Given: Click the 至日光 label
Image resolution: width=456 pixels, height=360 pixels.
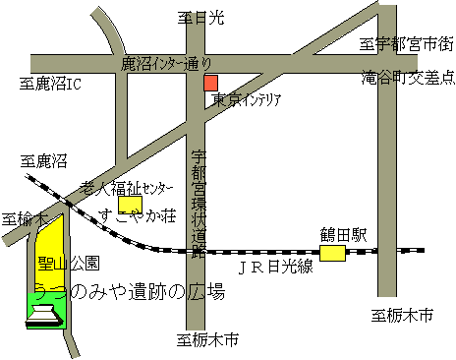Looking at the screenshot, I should pos(201,18).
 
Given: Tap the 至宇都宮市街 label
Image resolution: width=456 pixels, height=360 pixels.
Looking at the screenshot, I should pos(405,43).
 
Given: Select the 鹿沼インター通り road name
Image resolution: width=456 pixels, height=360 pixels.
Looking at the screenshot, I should pos(165,63).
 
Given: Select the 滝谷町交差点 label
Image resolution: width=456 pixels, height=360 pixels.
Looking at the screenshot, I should pos(404,75).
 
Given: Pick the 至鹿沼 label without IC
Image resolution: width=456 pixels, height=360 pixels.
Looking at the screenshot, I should pos(46,159).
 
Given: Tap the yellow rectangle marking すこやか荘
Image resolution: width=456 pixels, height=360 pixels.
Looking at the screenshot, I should pos(130,204).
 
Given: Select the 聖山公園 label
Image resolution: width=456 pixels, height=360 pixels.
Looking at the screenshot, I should pos(68,264).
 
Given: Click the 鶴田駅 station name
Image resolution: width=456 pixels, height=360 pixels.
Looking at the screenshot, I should pos(342,235).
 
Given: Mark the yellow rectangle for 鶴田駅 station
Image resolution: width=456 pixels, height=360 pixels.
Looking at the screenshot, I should pos(333,254).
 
